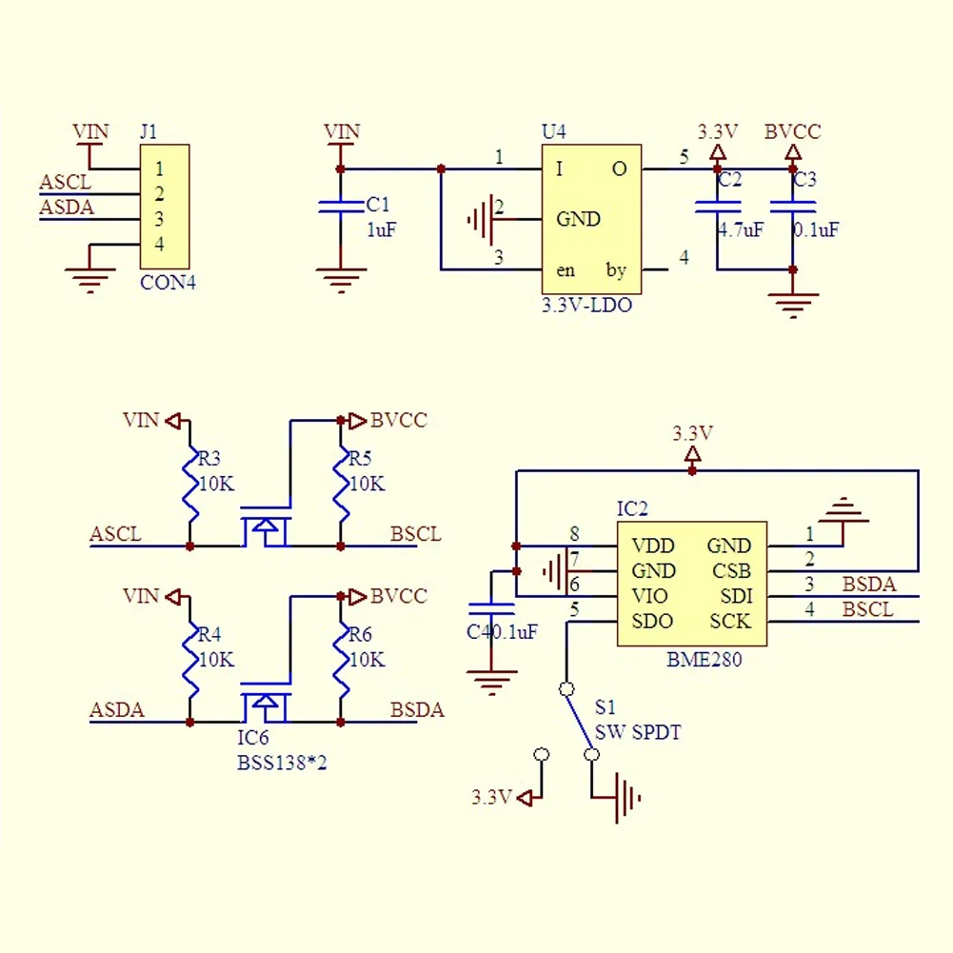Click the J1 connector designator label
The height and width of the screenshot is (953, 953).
point(149,131)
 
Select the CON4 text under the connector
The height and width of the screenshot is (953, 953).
point(168,283)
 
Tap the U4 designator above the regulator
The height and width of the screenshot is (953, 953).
point(553,131)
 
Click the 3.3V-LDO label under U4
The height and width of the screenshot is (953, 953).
point(586,305)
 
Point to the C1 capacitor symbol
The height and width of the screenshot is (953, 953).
point(341,207)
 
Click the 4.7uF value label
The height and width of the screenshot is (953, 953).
point(741,229)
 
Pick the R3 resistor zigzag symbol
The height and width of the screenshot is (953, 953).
point(190,485)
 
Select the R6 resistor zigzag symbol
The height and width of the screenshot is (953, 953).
point(341,661)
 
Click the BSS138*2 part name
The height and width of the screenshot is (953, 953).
point(282,763)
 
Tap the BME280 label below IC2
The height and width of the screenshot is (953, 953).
point(704,660)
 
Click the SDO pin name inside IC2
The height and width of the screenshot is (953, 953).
point(652,621)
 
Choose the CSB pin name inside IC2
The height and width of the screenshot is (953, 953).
point(731,570)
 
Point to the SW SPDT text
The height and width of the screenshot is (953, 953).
point(638,732)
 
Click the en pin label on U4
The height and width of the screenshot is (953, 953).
point(566,270)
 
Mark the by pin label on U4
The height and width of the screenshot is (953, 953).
point(616,270)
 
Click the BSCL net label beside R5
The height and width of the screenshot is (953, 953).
point(416,534)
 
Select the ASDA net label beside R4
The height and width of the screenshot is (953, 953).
point(117,709)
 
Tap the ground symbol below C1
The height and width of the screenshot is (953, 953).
point(341,280)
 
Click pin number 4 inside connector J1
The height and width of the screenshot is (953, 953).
point(159,244)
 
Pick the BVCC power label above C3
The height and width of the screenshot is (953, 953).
point(792,131)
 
